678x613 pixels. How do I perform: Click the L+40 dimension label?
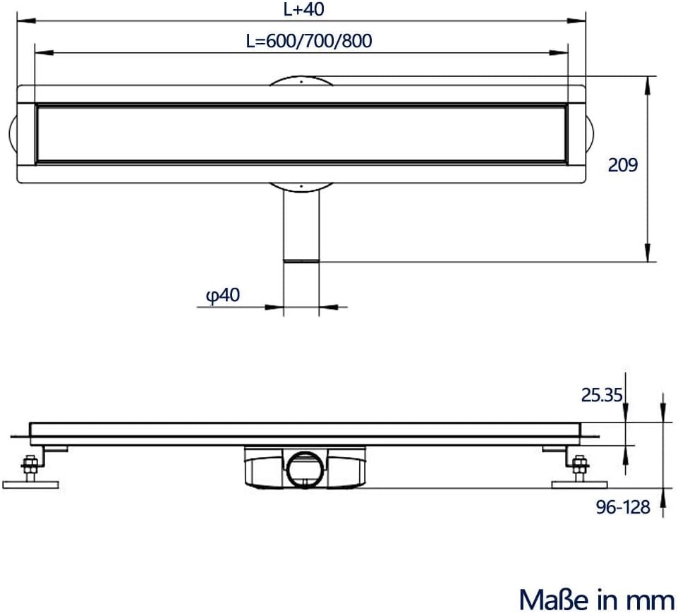click(303, 9)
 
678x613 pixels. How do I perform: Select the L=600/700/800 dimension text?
click(309, 41)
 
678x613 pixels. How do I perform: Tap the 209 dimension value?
click(623, 164)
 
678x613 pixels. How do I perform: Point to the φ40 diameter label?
click(223, 296)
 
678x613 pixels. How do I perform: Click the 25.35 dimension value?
click(602, 395)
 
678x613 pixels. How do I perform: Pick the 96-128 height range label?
click(623, 507)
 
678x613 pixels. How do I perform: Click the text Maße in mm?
click(596, 600)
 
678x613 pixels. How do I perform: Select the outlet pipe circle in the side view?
click(305, 470)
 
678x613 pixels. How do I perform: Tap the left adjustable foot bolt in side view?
click(30, 467)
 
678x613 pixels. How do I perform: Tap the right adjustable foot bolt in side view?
click(579, 467)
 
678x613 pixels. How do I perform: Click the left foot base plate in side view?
click(30, 485)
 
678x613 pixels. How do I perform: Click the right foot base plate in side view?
click(579, 485)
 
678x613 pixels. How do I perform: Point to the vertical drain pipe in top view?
click(301, 225)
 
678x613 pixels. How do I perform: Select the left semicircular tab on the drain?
click(12, 133)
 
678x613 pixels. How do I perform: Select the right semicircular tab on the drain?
click(590, 133)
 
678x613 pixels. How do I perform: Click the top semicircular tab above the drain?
click(301, 81)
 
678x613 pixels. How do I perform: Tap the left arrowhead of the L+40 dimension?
click(26, 20)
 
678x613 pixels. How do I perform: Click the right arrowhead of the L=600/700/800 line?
click(559, 53)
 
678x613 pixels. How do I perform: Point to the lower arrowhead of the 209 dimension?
click(647, 253)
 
